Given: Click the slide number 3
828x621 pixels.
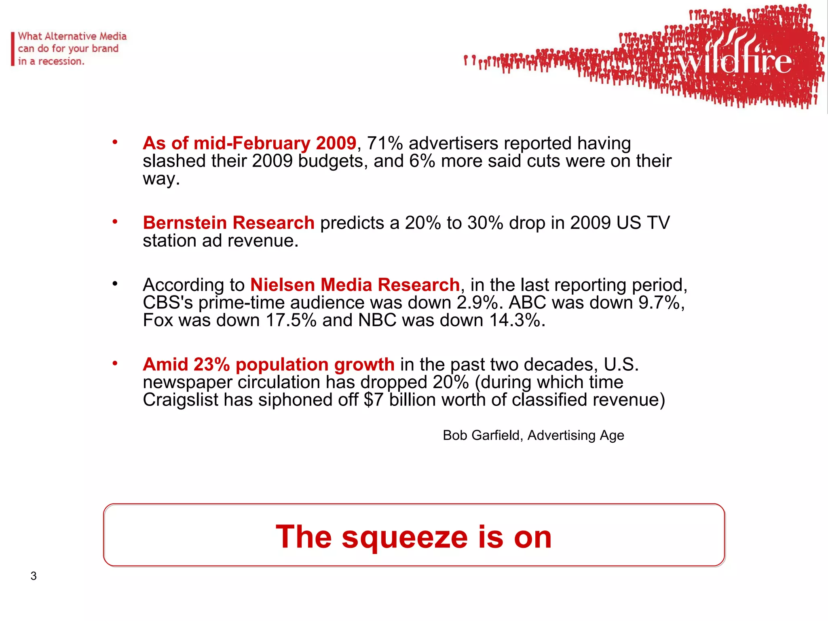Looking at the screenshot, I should [x=34, y=576].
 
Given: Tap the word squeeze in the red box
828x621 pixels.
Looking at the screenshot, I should [x=404, y=537].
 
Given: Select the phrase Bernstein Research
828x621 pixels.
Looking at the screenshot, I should [x=228, y=223].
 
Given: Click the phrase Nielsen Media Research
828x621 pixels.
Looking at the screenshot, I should [x=355, y=285].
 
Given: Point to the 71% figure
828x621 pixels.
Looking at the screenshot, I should [x=384, y=144].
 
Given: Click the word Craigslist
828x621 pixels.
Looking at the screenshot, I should [x=180, y=400].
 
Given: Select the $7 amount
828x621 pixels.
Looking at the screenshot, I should [x=374, y=400].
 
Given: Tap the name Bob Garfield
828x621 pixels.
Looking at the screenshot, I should [x=482, y=435].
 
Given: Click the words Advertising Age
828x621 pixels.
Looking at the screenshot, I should [x=576, y=435].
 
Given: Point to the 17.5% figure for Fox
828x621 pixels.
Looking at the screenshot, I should [x=291, y=320].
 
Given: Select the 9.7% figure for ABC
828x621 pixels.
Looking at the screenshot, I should [x=661, y=302].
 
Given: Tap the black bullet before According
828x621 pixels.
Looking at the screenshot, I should [x=115, y=284].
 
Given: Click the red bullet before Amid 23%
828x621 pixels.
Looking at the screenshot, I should [x=115, y=363].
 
